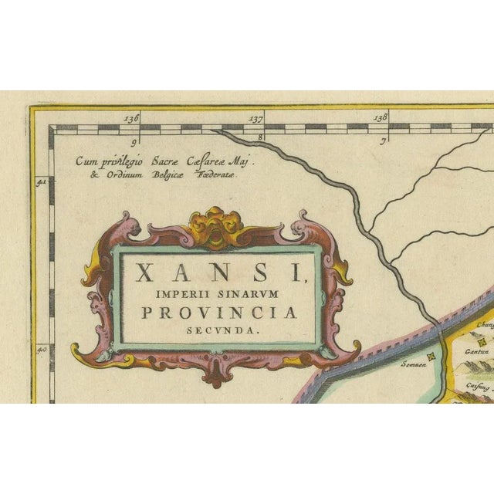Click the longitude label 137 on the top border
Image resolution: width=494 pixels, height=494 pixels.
tap(255, 119)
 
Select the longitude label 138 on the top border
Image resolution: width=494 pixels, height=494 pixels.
tap(380, 118)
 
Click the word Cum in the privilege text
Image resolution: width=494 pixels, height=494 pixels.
tap(86, 162)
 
